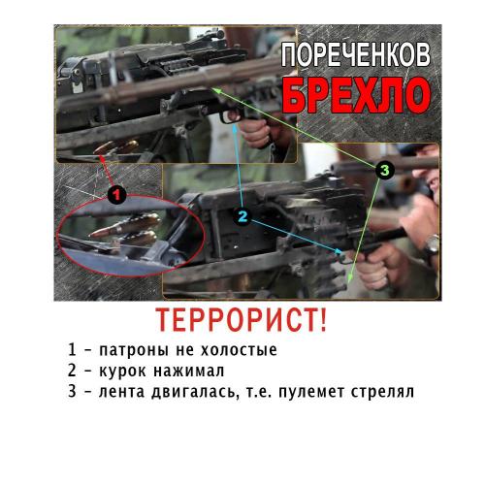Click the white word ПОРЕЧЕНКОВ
pyautogui.click(x=356, y=55)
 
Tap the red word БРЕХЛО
pyautogui.click(x=357, y=95)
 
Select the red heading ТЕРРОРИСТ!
pyautogui.click(x=242, y=320)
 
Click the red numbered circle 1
pyautogui.click(x=116, y=195)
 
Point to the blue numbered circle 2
pyautogui.click(x=242, y=216)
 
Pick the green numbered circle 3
pyautogui.click(x=384, y=170)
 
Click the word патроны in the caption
pyautogui.click(x=134, y=350)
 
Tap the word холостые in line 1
pyautogui.click(x=239, y=350)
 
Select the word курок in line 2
pyautogui.click(x=122, y=371)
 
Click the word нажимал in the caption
pyautogui.click(x=189, y=371)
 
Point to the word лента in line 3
pyautogui.click(x=121, y=392)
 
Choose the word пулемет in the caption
pyautogui.click(x=311, y=392)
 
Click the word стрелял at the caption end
pyautogui.click(x=382, y=392)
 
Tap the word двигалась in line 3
pyautogui.click(x=193, y=392)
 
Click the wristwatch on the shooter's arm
pyautogui.click(x=432, y=245)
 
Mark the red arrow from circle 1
pyautogui.click(x=107, y=171)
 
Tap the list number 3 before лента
pyautogui.click(x=72, y=391)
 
